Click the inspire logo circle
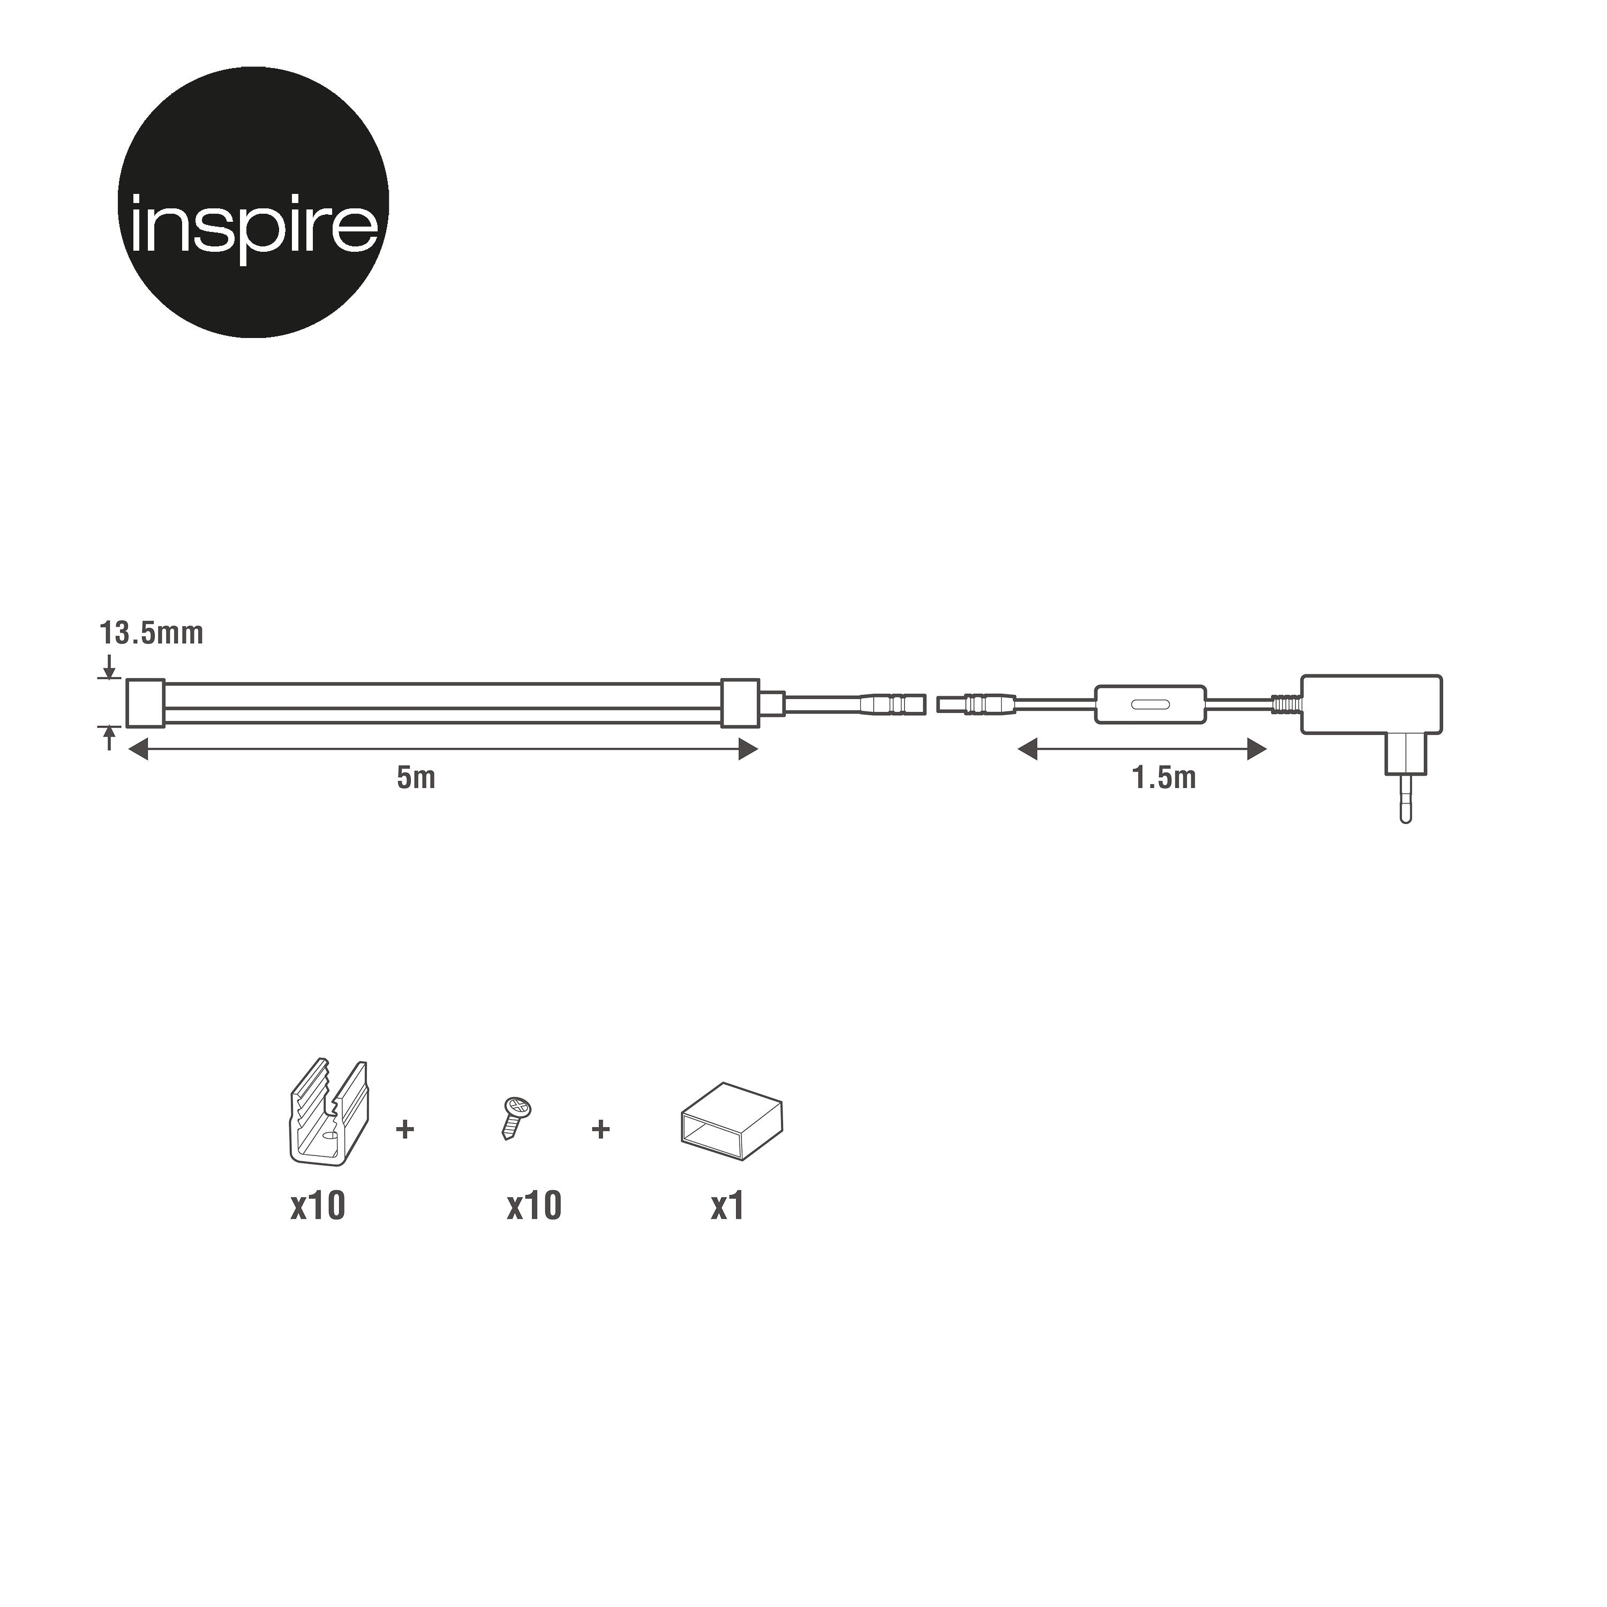pos(254,202)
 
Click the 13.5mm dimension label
pos(152,634)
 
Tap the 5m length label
pos(416,778)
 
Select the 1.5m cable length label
pos(1163,778)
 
